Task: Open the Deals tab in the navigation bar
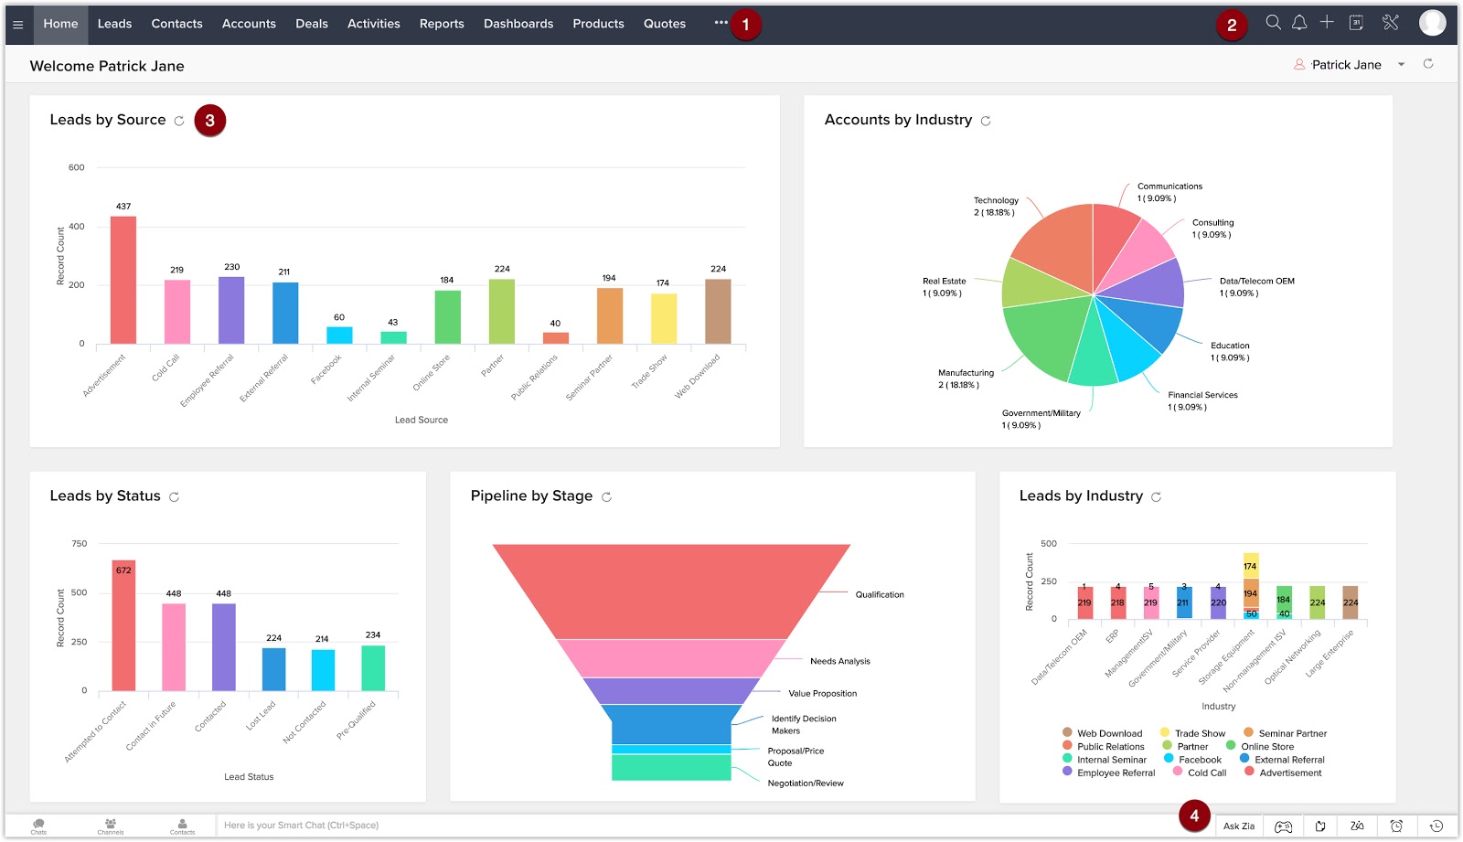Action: point(311,24)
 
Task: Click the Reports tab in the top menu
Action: point(442,24)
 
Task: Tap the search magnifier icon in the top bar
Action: point(1273,23)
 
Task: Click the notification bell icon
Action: point(1299,23)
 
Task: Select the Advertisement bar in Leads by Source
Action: point(123,280)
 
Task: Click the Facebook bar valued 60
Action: point(339,335)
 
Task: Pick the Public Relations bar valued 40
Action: point(555,337)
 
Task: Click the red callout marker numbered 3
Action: point(210,121)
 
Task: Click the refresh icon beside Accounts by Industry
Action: point(986,121)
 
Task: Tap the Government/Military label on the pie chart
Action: point(1041,413)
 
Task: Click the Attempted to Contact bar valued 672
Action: point(123,625)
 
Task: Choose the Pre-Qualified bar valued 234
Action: point(373,667)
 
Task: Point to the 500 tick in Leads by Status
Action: point(80,592)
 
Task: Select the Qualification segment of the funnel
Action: point(672,590)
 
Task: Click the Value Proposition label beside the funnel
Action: point(822,694)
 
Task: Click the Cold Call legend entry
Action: point(1206,773)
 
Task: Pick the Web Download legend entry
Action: point(1109,733)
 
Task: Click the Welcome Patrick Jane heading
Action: point(107,66)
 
